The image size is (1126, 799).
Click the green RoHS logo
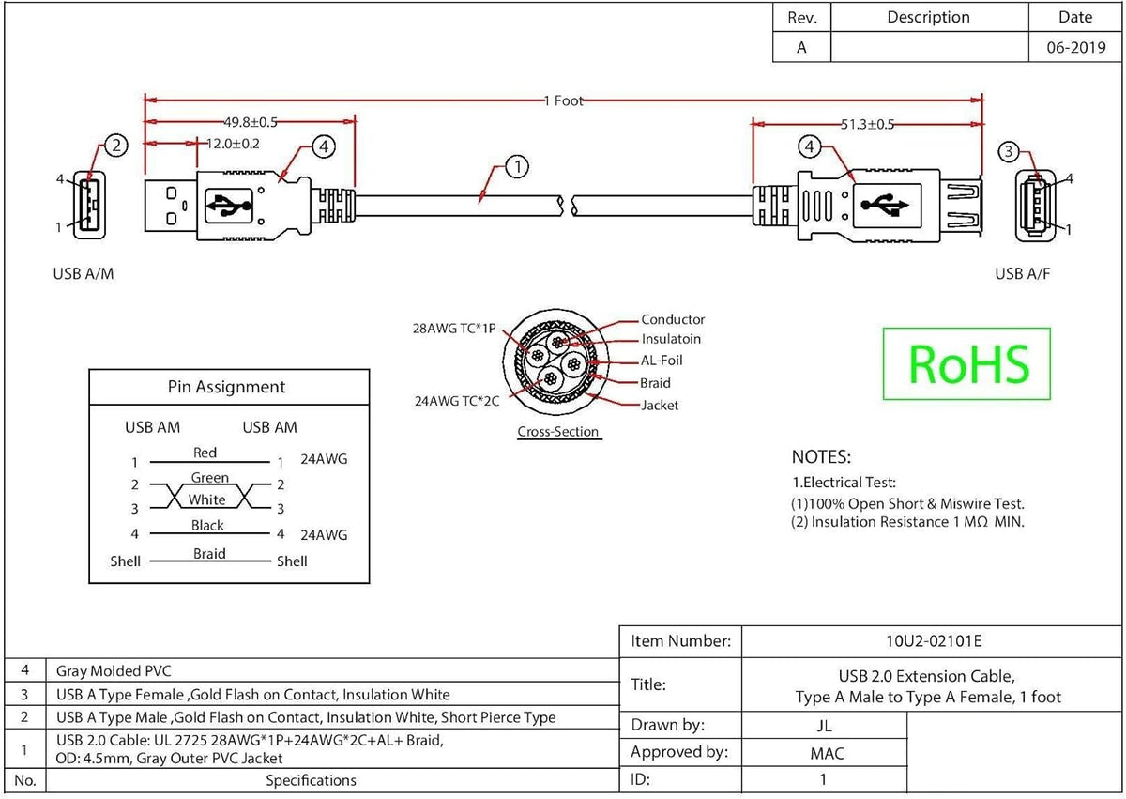pyautogui.click(x=966, y=363)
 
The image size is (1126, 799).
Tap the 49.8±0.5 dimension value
pyautogui.click(x=251, y=122)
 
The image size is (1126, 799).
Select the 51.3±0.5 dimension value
pyautogui.click(x=868, y=124)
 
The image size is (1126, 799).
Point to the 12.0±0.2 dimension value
pyautogui.click(x=233, y=144)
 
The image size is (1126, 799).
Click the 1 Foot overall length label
pyautogui.click(x=564, y=100)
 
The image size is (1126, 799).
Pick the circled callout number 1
pyautogui.click(x=517, y=166)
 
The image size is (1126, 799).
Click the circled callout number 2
pyautogui.click(x=116, y=146)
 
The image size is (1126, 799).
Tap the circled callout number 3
pyautogui.click(x=1009, y=151)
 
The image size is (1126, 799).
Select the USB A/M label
pyautogui.click(x=84, y=273)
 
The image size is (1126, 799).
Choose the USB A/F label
pyautogui.click(x=1023, y=273)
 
